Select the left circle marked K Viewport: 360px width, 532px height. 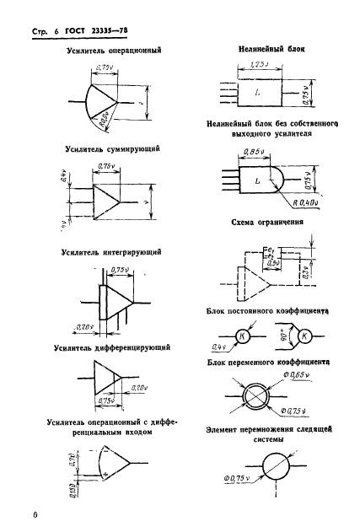tap(244, 337)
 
